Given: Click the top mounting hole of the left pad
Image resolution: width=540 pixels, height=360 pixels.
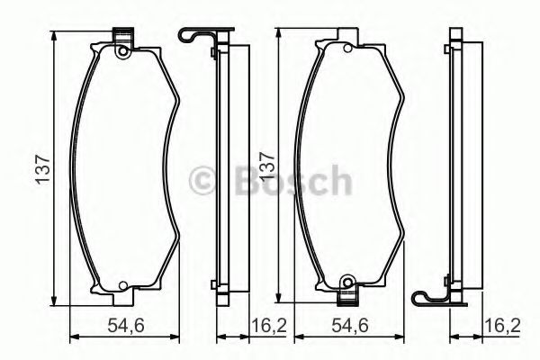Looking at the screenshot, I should point(121,52).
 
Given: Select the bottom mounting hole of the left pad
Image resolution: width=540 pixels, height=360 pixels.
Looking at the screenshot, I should point(121,288).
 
